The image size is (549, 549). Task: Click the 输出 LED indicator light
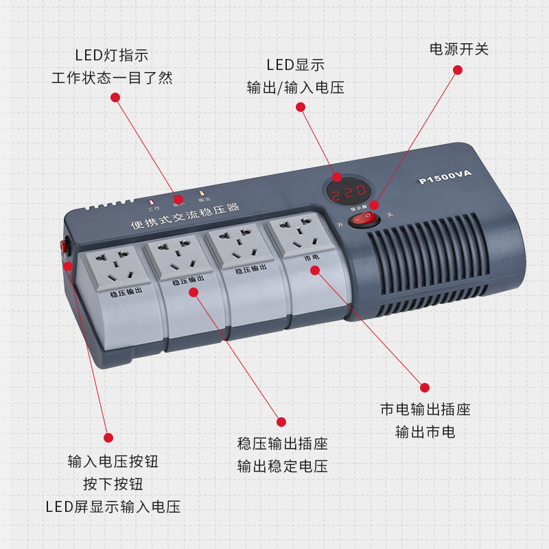[202, 194]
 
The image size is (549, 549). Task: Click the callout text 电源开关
[459, 49]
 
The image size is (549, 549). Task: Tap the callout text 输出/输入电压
[295, 88]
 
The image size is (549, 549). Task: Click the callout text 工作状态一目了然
[112, 78]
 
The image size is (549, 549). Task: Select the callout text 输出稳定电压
[282, 467]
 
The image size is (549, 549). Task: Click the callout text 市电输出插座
[425, 410]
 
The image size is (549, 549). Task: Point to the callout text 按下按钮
[113, 484]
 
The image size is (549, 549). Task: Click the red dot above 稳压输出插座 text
[281, 421]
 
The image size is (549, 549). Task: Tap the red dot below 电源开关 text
[458, 70]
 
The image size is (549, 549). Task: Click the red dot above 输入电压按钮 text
[108, 437]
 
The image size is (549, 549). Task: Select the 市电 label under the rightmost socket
[312, 258]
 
